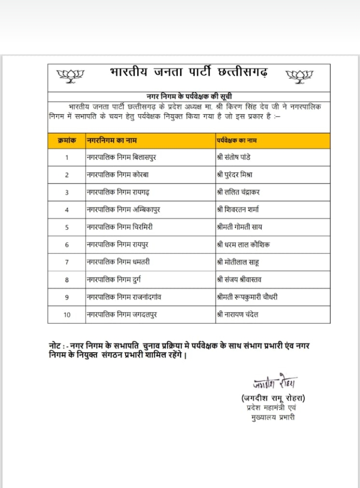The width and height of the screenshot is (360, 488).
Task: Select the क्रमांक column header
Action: point(67,141)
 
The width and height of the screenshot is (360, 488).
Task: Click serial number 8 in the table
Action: point(67,280)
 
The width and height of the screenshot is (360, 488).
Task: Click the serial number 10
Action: point(67,315)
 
